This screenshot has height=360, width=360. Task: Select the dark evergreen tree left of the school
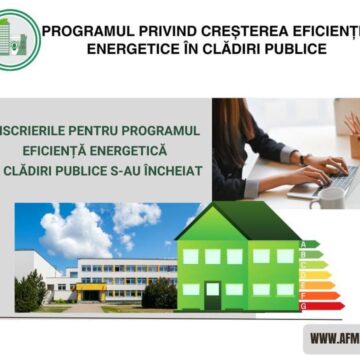click(29, 290)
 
